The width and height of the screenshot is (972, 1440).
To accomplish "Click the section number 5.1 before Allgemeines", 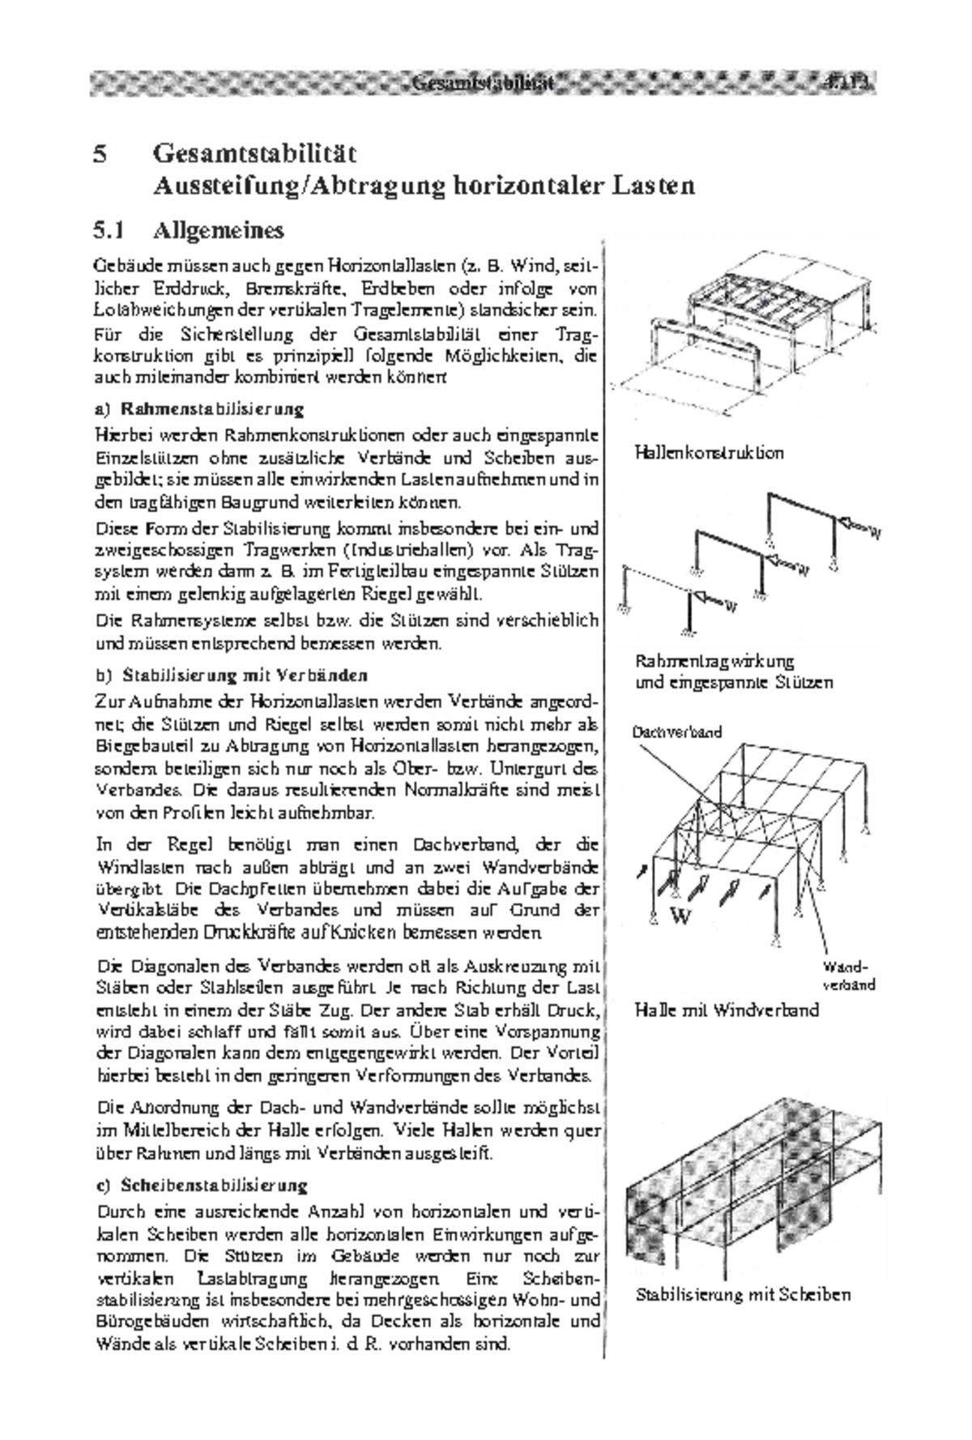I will (108, 231).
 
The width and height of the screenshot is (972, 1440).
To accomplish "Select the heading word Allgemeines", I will (219, 231).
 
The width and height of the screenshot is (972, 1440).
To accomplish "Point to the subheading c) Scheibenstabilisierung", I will (202, 1186).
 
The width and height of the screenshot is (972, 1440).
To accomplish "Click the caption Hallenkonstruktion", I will (709, 452).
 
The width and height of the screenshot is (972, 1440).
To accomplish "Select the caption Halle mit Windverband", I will (727, 1010).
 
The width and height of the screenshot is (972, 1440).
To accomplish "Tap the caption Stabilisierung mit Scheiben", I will (742, 1294).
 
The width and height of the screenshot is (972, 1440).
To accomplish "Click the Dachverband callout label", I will (676, 733).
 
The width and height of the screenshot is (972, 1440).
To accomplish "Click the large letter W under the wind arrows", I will (682, 917).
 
